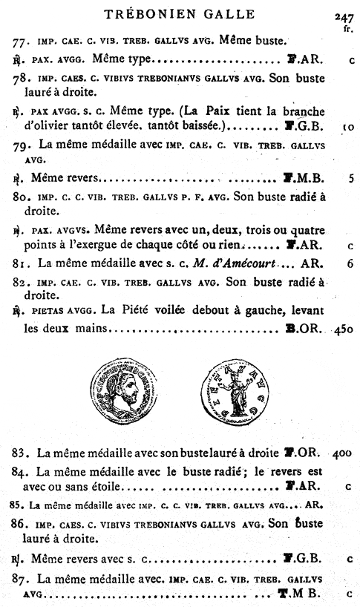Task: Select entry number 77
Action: click(21, 41)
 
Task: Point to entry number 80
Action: click(21, 198)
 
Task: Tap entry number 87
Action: click(21, 577)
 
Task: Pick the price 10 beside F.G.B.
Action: click(347, 128)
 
